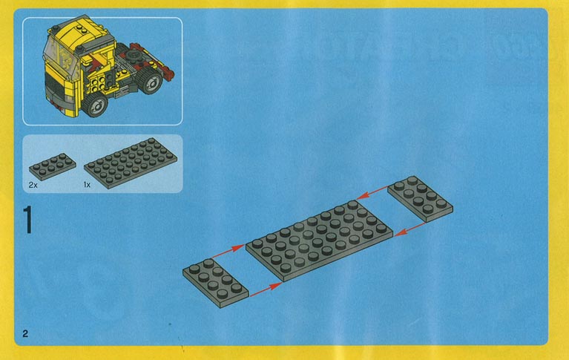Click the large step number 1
27,220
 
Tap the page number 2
25,333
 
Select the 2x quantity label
33,185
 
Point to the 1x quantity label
87,185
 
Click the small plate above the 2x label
53,167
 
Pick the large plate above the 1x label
131,163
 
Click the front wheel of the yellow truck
96,105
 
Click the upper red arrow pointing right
228,252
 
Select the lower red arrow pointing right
266,289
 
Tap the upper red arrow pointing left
372,192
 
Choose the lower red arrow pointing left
410,229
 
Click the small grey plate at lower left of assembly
216,283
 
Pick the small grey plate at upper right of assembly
420,199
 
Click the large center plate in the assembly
319,240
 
